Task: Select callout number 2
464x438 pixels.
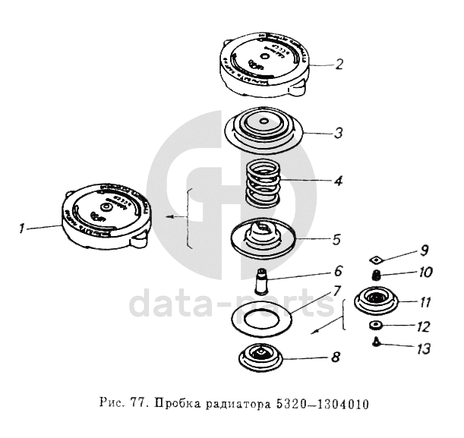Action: click(x=339, y=64)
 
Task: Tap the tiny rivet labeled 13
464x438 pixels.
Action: click(x=374, y=342)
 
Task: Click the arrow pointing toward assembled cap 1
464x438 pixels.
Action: click(x=176, y=218)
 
